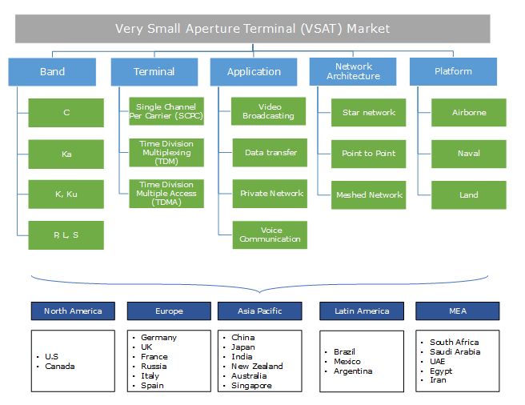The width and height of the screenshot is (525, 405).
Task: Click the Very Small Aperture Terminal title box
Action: coord(252,29)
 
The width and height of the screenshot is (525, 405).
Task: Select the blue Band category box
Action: coord(52,72)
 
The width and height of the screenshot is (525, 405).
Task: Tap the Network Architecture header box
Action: coord(353,72)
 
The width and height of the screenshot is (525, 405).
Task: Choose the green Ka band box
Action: coord(66,154)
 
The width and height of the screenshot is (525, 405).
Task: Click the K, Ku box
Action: coord(66,194)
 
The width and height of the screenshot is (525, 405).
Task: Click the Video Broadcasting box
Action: coord(269,112)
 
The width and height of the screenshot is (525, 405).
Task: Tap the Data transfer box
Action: coord(271,152)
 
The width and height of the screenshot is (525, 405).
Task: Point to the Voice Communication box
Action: coord(271,234)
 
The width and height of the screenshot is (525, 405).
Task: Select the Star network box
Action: coord(369,113)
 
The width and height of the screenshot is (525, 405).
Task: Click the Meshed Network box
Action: coord(369,194)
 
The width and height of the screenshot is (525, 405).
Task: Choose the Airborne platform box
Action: coord(469,113)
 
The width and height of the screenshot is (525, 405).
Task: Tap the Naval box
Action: coord(469,154)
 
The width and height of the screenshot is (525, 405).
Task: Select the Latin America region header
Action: coord(362,311)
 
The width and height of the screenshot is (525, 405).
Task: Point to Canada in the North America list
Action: coord(59,367)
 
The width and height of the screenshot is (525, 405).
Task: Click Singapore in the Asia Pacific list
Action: coord(251,386)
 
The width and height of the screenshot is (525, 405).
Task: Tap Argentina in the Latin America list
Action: coord(351,371)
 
